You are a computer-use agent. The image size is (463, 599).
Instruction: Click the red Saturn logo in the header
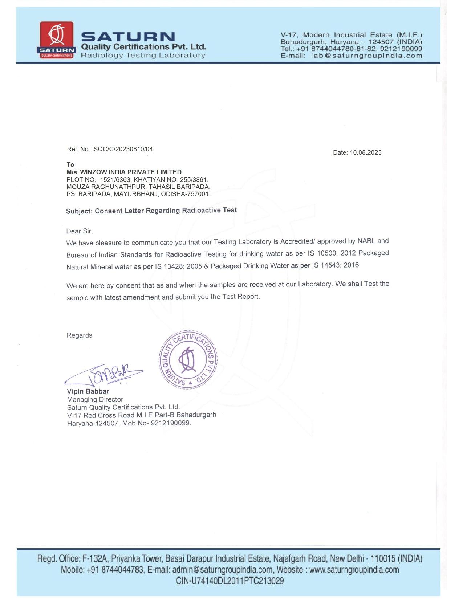pyautogui.click(x=57, y=40)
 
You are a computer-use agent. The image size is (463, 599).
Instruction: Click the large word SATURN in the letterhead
pyautogui.click(x=128, y=37)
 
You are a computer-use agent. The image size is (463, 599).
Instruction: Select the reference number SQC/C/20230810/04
pyautogui.click(x=123, y=149)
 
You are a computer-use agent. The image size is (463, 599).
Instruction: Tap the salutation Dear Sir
pyautogui.click(x=79, y=231)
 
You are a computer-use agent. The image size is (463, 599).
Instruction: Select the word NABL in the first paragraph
pyautogui.click(x=366, y=241)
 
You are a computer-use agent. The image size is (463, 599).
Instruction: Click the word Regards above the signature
pyautogui.click(x=79, y=335)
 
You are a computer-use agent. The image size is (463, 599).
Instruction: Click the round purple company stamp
pyautogui.click(x=188, y=360)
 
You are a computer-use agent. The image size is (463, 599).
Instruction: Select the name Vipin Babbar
pyautogui.click(x=88, y=391)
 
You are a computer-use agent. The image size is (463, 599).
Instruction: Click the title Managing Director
pyautogui.click(x=95, y=399)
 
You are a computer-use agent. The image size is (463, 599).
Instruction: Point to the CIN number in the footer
pyautogui.click(x=230, y=581)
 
